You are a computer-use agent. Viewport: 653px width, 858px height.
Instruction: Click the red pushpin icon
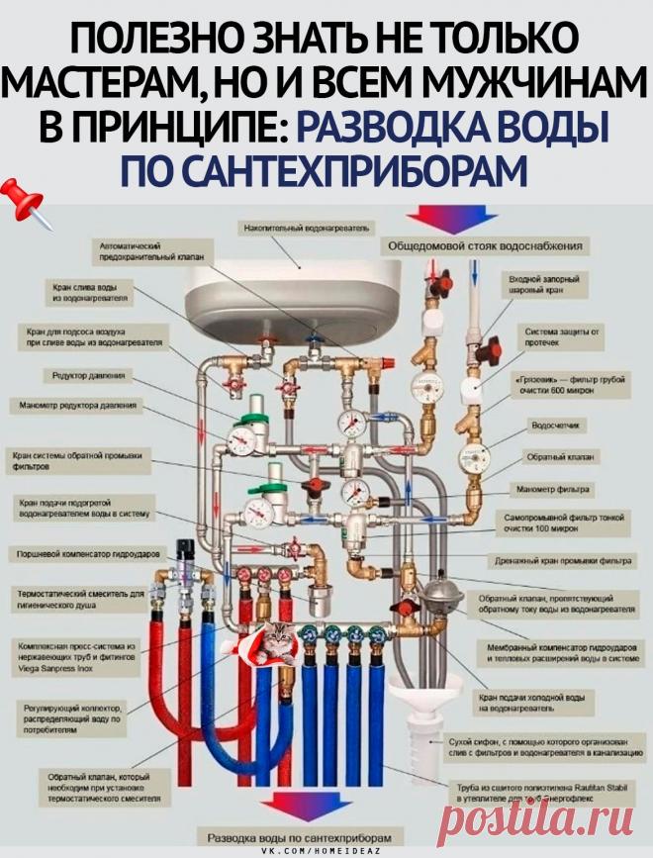[x=27, y=203]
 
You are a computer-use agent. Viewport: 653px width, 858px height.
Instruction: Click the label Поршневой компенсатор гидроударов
[x=84, y=555]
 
